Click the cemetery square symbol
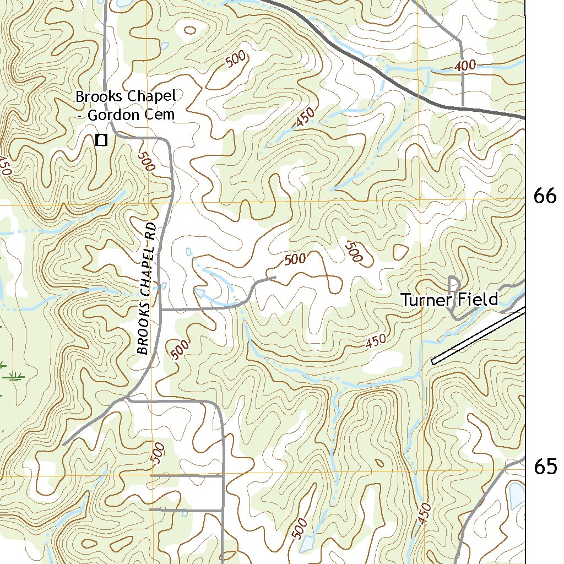pos(101,140)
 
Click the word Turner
pos(425,300)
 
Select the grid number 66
pos(545,196)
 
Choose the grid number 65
pos(545,467)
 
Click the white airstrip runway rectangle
pos(478,336)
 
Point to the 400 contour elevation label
pos(465,66)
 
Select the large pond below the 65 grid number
pos(517,496)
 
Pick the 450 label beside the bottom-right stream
pos(425,514)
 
